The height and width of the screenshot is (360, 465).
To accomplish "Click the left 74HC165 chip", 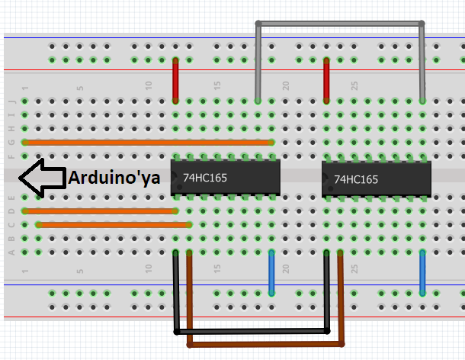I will [x=226, y=178].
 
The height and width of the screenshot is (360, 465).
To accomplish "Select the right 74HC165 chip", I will [x=377, y=180].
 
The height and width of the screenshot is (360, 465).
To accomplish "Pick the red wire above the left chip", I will [x=175, y=80].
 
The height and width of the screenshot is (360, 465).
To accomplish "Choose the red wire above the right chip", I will [x=326, y=80].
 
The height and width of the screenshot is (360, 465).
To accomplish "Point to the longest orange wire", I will [x=149, y=142].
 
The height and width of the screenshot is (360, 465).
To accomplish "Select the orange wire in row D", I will [x=99, y=211].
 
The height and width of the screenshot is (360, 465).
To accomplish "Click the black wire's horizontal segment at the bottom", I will [x=252, y=332].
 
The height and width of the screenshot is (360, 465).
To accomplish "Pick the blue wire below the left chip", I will [x=271, y=272].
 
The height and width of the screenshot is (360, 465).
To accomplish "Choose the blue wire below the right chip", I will [x=422, y=272].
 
